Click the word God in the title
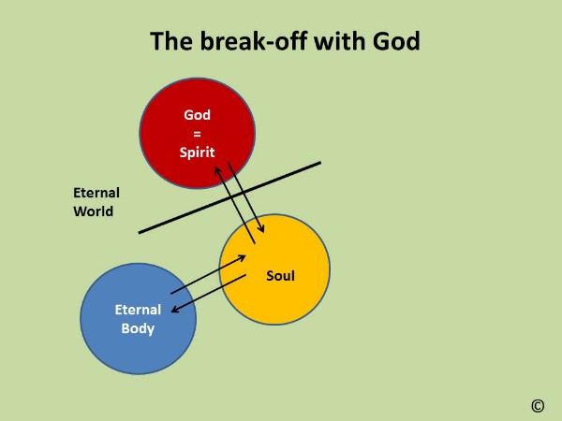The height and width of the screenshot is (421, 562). point(396,41)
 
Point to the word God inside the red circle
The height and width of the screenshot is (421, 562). point(197,115)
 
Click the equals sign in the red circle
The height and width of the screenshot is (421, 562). point(197,134)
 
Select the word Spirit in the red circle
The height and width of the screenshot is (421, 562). point(197,152)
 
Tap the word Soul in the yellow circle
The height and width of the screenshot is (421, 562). point(281,276)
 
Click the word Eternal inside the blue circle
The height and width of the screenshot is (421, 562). point(138,310)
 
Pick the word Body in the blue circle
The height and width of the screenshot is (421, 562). point(138,328)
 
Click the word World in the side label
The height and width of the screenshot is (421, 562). point(93,211)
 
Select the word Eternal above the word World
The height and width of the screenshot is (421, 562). point(96,193)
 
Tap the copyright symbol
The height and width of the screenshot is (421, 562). point(538,406)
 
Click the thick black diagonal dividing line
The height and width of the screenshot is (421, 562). point(229,198)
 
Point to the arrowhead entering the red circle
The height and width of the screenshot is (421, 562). point(217,171)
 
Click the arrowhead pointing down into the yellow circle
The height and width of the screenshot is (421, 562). point(261,228)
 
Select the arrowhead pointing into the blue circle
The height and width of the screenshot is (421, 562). point(175,309)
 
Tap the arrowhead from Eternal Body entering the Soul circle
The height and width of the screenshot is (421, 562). point(242,258)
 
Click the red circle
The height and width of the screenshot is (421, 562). point(197,133)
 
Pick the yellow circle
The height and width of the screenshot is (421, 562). point(274,269)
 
